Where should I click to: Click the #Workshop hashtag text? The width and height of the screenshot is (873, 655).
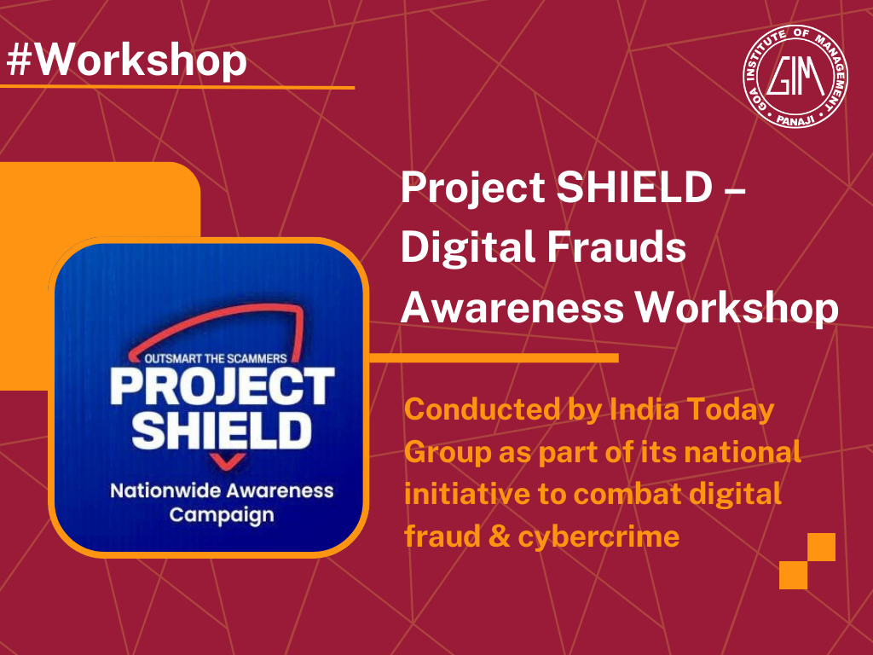[x=126, y=60]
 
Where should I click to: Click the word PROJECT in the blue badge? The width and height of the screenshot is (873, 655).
[x=221, y=387]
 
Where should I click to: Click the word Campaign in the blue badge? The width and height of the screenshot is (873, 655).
[x=221, y=515]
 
